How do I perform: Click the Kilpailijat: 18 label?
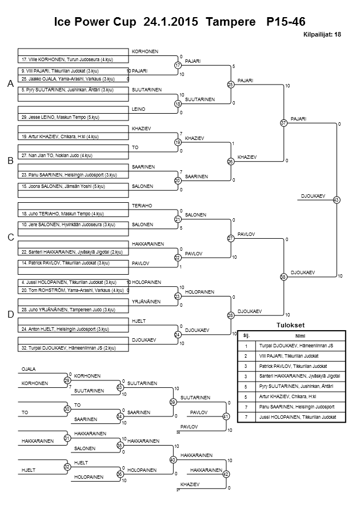(323, 34)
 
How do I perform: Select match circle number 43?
(336, 200)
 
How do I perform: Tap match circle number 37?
(283, 123)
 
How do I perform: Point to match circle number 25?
(231, 85)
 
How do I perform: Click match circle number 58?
(283, 277)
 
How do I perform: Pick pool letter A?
(10, 84)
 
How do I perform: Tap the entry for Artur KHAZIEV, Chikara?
(60, 137)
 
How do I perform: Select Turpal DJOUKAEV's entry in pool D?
(69, 347)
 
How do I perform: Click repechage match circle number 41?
(226, 416)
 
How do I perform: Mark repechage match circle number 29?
(67, 380)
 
